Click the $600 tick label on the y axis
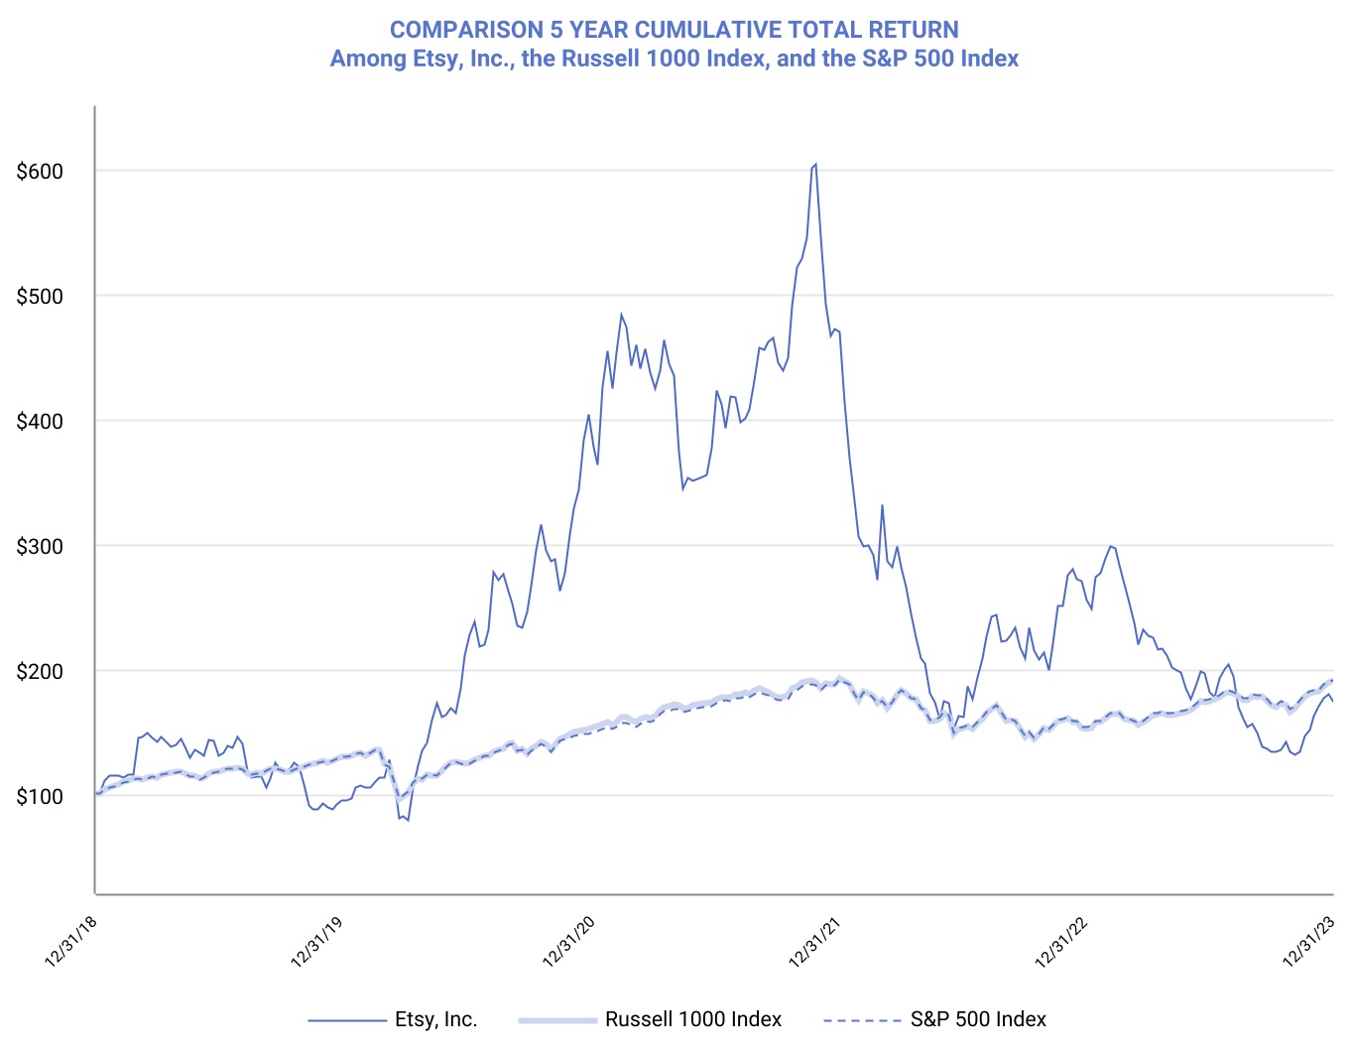40,172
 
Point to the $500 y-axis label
40,297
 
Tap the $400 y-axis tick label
40,422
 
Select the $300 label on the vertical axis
40,547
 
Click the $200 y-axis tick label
40,672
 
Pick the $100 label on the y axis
40,797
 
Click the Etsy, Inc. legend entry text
436,1019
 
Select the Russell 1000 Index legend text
693,1019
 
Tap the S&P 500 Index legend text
978,1019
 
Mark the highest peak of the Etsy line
815,164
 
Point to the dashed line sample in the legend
862,1019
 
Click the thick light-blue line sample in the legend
556,1019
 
